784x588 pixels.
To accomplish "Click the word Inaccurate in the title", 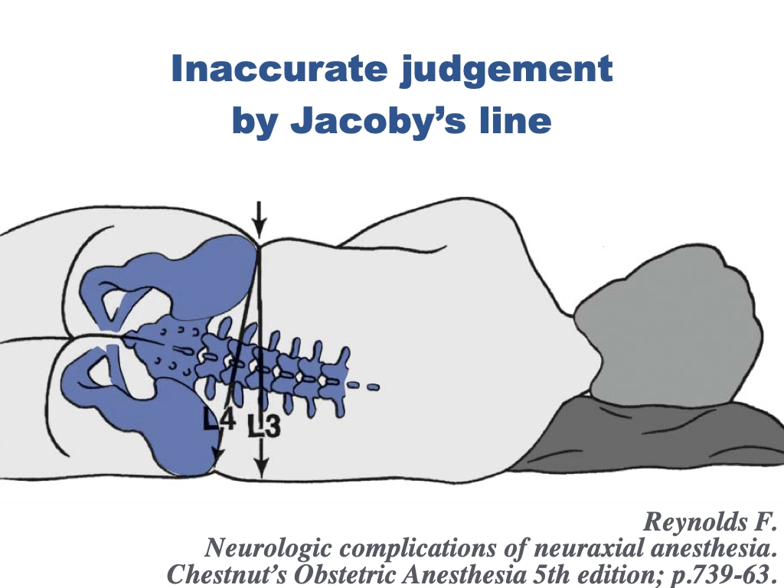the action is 279,68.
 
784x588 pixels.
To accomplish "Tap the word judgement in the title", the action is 507,70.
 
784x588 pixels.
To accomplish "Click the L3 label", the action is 264,424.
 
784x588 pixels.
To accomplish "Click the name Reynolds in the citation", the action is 690,522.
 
